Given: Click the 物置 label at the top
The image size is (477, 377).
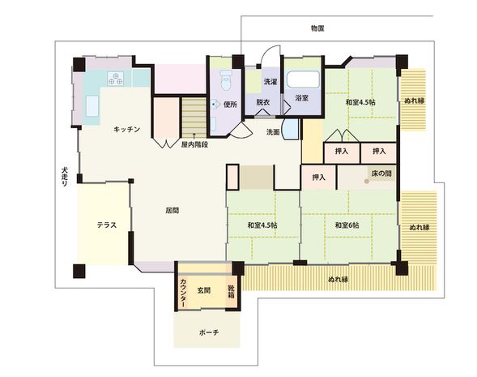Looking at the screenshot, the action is [317, 28].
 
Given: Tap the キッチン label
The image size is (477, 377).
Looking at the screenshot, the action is [127, 130].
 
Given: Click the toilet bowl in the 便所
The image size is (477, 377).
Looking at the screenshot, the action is [226, 81].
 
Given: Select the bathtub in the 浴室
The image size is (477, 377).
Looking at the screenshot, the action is [303, 79].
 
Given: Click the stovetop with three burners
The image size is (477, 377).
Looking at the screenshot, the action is [116, 79].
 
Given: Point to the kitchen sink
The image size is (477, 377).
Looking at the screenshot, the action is [92, 106].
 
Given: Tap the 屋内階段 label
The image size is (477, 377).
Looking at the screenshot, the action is [194, 144].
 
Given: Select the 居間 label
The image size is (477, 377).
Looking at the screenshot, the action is [172, 211].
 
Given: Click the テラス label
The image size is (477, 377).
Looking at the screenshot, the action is [107, 225].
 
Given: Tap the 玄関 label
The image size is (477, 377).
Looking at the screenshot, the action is [204, 290].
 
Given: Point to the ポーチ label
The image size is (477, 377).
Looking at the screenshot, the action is [209, 332].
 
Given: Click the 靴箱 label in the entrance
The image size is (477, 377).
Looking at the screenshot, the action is [231, 291].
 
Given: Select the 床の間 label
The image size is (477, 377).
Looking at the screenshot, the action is [381, 174].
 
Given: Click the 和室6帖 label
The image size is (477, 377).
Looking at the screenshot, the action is [347, 225].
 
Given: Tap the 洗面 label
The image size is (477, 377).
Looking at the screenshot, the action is [273, 132].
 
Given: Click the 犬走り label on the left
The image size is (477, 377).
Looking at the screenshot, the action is [65, 177].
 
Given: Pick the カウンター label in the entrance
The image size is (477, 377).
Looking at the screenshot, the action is [183, 293].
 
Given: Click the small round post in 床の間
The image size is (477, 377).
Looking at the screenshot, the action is [366, 181].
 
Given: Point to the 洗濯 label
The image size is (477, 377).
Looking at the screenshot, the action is [270, 82].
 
